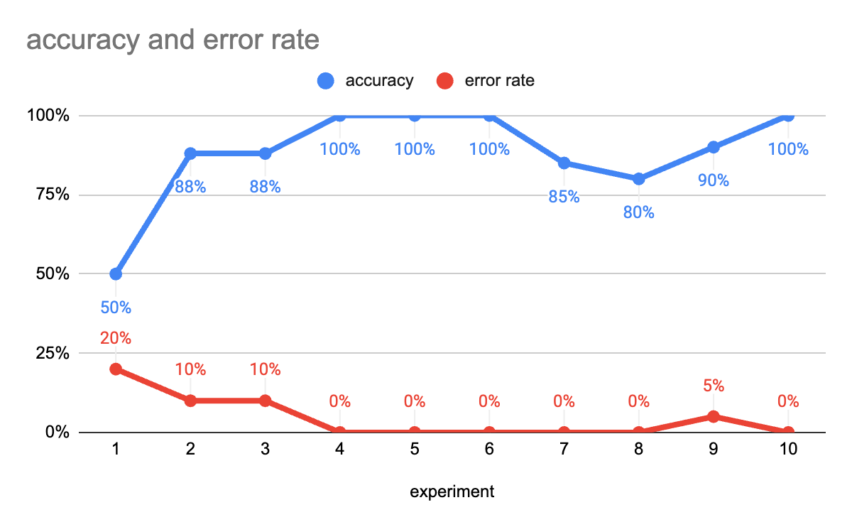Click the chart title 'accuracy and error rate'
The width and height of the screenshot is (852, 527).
tap(173, 40)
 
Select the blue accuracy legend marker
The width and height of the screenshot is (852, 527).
tap(327, 81)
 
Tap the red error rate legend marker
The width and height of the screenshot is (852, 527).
tap(445, 81)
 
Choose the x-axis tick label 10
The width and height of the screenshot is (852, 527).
tap(787, 449)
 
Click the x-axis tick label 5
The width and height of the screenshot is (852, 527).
tap(415, 449)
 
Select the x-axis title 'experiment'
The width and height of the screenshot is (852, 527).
tap(452, 491)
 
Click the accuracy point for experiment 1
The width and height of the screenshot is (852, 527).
tap(116, 273)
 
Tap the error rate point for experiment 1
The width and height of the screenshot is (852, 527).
tap(116, 369)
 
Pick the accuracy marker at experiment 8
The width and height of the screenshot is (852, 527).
tap(638, 179)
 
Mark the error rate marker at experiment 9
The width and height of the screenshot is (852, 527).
tap(713, 416)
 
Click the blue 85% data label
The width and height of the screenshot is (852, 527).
tap(564, 197)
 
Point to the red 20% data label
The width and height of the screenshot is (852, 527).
tap(116, 338)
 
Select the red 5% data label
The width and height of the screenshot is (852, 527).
tap(713, 386)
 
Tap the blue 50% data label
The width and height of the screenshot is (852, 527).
tap(116, 308)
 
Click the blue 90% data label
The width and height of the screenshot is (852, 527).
tap(713, 180)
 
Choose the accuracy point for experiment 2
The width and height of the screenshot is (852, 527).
tap(190, 153)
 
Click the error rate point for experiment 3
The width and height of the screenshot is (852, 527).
tap(265, 401)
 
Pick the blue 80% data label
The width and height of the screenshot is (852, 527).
tap(638, 212)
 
